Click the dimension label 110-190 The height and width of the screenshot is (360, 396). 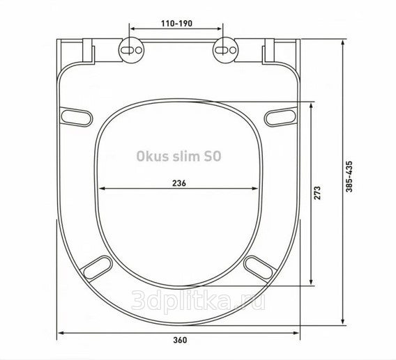[x=177, y=24]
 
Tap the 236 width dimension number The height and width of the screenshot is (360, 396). [x=178, y=183]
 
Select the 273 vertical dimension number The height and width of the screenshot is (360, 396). [x=317, y=193]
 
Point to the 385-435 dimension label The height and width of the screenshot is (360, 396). [x=349, y=176]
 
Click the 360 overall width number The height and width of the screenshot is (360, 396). [x=181, y=340]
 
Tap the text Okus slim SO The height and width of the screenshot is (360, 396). [x=178, y=156]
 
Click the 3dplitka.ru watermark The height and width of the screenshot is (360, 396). [x=198, y=300]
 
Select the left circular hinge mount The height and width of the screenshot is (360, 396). [x=131, y=50]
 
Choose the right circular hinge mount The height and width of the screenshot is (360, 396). [x=225, y=50]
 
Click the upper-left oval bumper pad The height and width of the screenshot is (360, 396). [x=76, y=117]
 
